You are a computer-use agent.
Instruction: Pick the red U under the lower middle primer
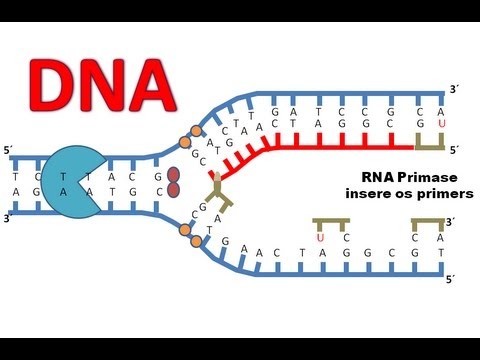(x=320, y=238)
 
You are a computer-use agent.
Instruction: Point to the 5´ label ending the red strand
(x=453, y=151)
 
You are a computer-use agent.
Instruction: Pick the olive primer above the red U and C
(x=330, y=223)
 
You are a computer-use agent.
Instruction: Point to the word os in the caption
(x=383, y=191)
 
